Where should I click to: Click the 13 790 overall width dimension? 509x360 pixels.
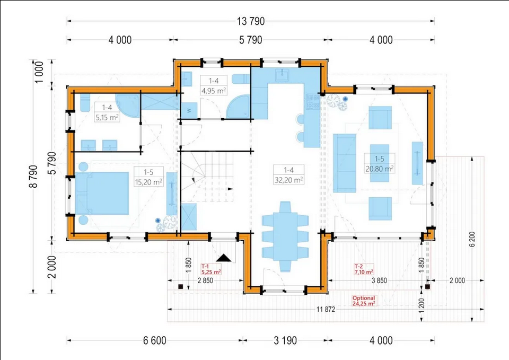pyautogui.click(x=251, y=21)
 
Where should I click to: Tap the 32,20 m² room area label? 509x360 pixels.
pyautogui.click(x=289, y=180)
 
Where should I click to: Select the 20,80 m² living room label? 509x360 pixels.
pyautogui.click(x=380, y=169)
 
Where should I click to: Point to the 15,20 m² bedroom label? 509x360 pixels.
pyautogui.click(x=148, y=182)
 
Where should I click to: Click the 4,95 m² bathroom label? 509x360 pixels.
pyautogui.click(x=214, y=91)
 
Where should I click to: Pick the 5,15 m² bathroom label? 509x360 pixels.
pyautogui.click(x=107, y=117)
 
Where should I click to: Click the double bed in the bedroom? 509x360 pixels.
pyautogui.click(x=102, y=194)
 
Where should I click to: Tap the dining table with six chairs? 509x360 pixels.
pyautogui.click(x=285, y=236)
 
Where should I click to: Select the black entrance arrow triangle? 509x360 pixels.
pyautogui.click(x=224, y=258)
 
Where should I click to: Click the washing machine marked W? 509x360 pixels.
pyautogui.click(x=189, y=110)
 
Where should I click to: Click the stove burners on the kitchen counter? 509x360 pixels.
pyautogui.click(x=313, y=101)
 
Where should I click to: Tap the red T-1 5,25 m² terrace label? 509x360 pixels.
pyautogui.click(x=212, y=269)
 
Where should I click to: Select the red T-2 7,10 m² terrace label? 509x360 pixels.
pyautogui.click(x=364, y=269)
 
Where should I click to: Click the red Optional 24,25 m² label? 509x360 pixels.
pyautogui.click(x=364, y=301)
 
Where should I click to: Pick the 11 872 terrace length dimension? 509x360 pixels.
pyautogui.click(x=326, y=309)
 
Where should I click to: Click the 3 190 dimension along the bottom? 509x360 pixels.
pyautogui.click(x=285, y=340)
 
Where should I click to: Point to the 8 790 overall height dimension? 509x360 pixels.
pyautogui.click(x=33, y=176)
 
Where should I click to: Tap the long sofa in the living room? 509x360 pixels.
pyautogui.click(x=345, y=163)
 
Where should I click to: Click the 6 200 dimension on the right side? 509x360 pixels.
pyautogui.click(x=472, y=239)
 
